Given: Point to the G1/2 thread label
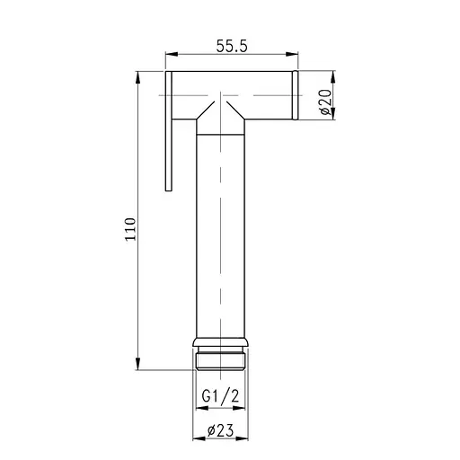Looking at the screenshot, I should (x=219, y=395).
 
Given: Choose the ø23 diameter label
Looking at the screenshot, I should (x=219, y=430).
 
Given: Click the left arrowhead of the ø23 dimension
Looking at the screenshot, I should (x=198, y=439).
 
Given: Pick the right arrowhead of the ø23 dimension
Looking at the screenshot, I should (x=243, y=439).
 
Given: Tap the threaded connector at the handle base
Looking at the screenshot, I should (x=219, y=360).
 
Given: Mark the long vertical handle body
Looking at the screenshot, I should (x=219, y=234).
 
